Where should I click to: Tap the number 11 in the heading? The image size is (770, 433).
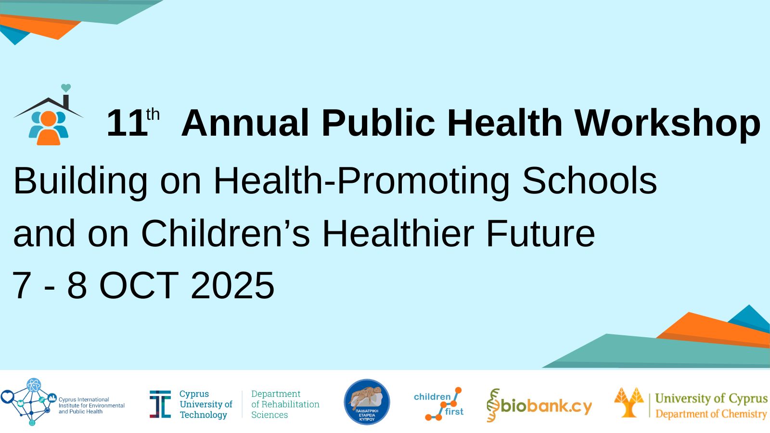point(127,123)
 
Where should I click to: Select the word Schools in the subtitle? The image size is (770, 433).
point(590,181)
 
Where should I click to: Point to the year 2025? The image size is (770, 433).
point(233,286)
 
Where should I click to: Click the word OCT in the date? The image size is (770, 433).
point(139,286)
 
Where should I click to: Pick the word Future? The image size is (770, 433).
point(540,233)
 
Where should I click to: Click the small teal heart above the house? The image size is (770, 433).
point(65,88)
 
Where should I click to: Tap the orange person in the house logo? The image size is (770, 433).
point(48,128)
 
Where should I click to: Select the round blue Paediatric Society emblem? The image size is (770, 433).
point(367,402)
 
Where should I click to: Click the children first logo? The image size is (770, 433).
point(439,404)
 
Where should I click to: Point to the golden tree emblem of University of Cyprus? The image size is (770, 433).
point(629,402)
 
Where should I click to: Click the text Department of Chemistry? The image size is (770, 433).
point(711,414)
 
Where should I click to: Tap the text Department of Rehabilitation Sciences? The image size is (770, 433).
point(285,404)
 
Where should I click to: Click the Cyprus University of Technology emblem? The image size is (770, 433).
point(160,404)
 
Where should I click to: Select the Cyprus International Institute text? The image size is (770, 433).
point(91,406)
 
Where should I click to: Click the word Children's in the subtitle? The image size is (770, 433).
point(226,233)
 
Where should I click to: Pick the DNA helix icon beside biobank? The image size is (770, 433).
point(493,405)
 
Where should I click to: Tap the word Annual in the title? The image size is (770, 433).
point(245,123)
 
